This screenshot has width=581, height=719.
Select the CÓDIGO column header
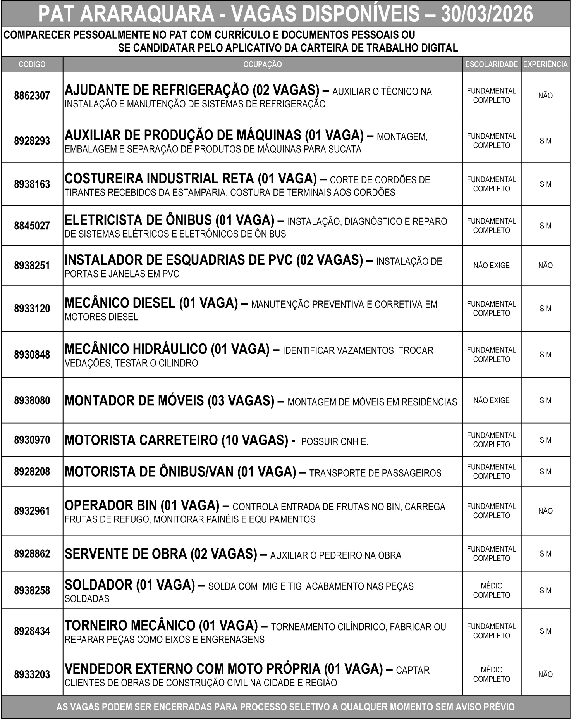tap(32, 64)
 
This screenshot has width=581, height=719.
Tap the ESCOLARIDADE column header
tap(491, 64)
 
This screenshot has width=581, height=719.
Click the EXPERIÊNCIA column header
tap(545, 64)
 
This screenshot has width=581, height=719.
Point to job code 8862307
tap(32, 96)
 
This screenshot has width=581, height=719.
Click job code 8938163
tap(32, 184)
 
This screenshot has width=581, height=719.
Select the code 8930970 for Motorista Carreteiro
tap(32, 440)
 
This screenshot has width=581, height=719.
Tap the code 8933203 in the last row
tap(32, 674)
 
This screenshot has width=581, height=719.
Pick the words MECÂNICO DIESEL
tap(120, 303)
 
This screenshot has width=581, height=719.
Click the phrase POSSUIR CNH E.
tap(334, 441)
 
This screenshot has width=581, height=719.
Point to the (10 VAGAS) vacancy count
tap(255, 440)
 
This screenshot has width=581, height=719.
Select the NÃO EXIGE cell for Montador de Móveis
tap(491, 400)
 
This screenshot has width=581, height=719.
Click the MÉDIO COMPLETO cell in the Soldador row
tap(491, 590)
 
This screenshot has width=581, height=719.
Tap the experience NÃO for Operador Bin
tap(545, 511)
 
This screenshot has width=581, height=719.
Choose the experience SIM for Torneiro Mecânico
tap(545, 631)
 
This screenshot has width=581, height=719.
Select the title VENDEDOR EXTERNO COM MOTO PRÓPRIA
tap(193, 669)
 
